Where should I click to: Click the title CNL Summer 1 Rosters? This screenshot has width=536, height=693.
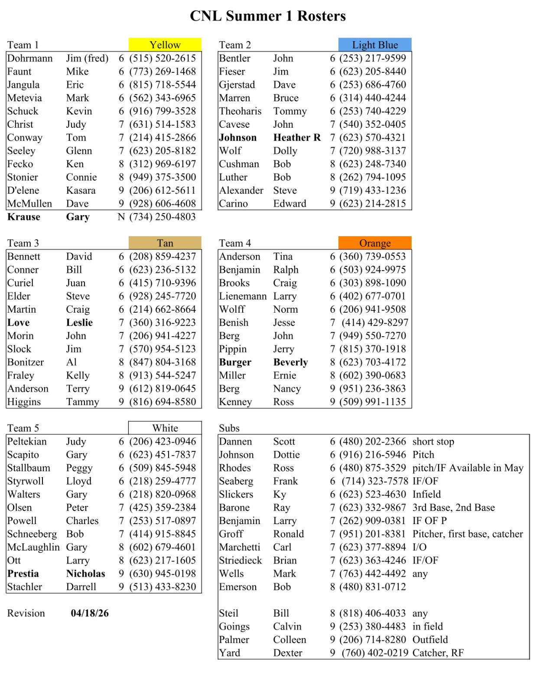click(x=268, y=16)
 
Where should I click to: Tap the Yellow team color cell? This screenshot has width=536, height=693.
click(x=165, y=45)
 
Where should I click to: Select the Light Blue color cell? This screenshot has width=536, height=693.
click(x=375, y=45)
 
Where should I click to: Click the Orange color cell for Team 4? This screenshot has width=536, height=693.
click(x=375, y=243)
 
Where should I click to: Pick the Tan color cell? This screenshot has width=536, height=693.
click(x=165, y=243)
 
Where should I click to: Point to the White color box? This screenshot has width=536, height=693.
click(x=165, y=428)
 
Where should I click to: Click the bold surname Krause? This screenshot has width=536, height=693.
click(x=24, y=217)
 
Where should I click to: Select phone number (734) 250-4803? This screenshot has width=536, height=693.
click(x=162, y=217)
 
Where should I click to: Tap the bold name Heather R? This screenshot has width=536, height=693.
click(x=297, y=138)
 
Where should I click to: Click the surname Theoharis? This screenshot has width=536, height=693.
click(x=240, y=111)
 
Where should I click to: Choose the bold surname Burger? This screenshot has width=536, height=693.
click(x=235, y=362)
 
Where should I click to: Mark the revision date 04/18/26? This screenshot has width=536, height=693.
click(x=90, y=613)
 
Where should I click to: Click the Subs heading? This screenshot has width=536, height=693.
click(x=229, y=428)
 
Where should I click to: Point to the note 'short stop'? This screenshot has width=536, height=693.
click(x=433, y=441)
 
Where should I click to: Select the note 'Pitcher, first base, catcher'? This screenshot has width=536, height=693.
click(x=468, y=534)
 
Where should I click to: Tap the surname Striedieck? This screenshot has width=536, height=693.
click(x=240, y=560)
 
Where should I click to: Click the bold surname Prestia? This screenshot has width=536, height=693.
click(x=23, y=574)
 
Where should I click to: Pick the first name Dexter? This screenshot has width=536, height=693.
click(x=287, y=653)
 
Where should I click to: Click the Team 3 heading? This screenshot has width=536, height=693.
click(x=23, y=243)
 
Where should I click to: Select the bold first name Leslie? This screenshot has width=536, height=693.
click(x=79, y=323)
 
